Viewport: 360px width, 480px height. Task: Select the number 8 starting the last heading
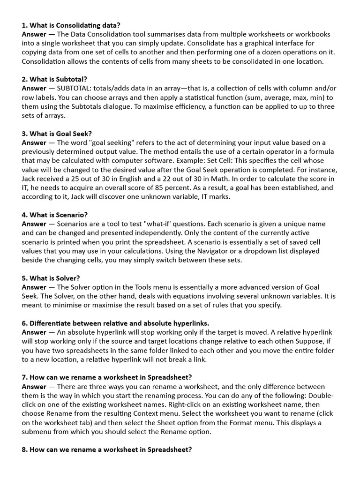24,450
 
